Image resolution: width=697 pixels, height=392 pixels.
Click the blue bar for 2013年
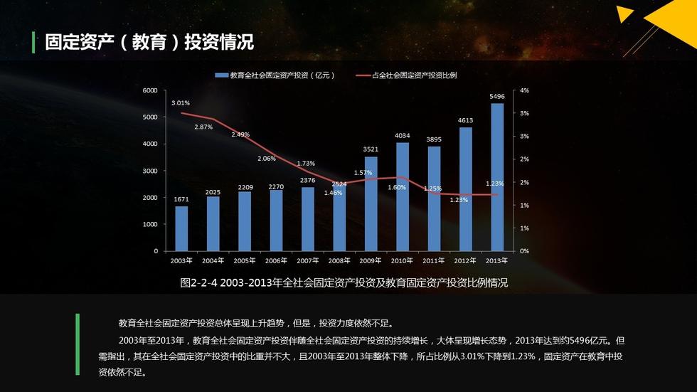coord(497,178)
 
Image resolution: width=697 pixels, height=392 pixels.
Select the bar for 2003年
coord(182,228)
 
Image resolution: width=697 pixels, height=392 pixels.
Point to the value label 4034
coord(403,135)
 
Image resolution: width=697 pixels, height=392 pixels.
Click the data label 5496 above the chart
coord(497,96)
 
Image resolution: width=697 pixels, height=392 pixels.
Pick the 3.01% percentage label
coord(181,102)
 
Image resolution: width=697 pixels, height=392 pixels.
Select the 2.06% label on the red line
coord(267,159)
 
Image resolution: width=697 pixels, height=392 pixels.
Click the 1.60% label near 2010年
coord(397,187)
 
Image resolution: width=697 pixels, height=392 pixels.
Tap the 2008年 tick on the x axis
coord(339,260)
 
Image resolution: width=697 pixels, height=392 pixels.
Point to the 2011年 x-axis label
coord(434,260)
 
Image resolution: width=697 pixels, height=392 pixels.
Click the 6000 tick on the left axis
coord(150,90)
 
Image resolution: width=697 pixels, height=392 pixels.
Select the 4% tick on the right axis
coord(524,90)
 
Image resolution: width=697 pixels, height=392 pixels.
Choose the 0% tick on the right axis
coord(524,251)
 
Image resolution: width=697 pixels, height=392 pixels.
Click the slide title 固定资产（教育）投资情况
coord(149,42)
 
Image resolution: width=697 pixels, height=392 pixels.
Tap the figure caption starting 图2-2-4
coord(344,282)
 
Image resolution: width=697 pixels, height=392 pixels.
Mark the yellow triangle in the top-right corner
coord(624,15)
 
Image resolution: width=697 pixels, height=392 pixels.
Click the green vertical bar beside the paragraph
coord(78,344)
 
